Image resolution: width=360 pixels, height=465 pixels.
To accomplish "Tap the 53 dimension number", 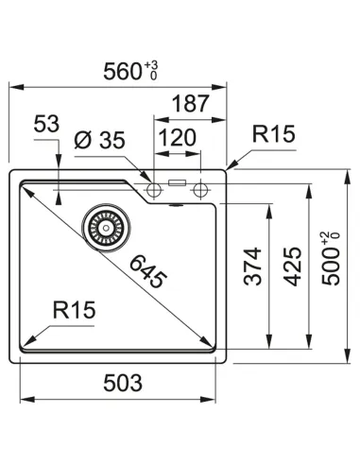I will click(x=46, y=124).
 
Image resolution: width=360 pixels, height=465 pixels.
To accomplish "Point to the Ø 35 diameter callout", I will click(x=99, y=141).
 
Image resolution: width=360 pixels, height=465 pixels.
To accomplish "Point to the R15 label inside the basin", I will click(x=74, y=309).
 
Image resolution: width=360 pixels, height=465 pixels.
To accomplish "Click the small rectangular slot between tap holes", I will click(x=177, y=181).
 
